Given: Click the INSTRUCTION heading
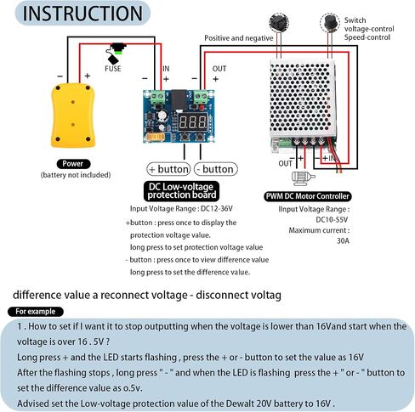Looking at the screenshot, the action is point(82,14).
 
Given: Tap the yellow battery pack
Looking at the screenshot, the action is point(73,116).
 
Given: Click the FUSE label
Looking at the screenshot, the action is point(113,69).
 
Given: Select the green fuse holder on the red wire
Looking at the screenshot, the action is point(118,48).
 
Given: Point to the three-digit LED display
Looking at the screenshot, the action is point(193,122).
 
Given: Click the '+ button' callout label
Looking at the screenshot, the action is point(168,169).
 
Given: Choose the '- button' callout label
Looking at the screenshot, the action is point(216,169).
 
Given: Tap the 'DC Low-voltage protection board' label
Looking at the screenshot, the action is point(181,191).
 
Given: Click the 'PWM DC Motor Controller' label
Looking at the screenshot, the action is point(307,196).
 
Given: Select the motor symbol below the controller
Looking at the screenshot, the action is point(303,178).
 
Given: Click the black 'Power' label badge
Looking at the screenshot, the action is point(73,164).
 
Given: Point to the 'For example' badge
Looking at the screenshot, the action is point(36,312).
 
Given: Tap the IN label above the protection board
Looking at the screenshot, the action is point(166,69).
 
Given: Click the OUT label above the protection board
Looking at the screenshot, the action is point(219,69).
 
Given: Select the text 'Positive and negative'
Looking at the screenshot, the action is point(239,38).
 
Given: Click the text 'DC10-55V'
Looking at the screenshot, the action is point(332,219).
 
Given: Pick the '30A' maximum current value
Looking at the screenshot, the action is point(343,240).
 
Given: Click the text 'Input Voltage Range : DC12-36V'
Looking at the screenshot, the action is point(181,209).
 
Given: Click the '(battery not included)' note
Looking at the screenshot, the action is point(76,175).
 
